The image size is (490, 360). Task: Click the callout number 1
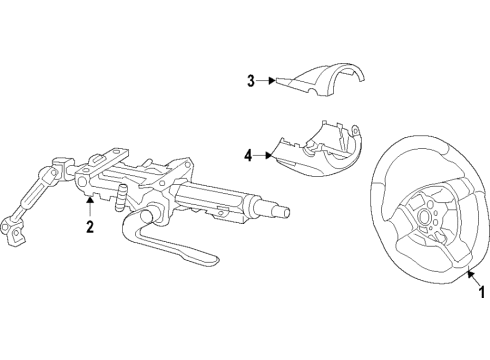(481, 292)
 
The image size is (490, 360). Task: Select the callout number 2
(90, 227)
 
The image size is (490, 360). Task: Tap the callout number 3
(251, 81)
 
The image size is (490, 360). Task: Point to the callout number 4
(248, 155)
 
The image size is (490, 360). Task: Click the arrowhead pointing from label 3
(273, 80)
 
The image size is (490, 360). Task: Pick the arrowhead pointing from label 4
(269, 155)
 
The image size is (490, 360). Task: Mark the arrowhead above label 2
(90, 200)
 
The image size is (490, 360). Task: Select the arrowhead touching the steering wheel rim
(470, 273)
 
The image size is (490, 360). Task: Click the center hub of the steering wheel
(425, 216)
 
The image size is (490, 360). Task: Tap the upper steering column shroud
(322, 82)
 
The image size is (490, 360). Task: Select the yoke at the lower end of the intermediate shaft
(14, 232)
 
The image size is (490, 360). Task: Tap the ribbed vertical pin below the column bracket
(121, 198)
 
